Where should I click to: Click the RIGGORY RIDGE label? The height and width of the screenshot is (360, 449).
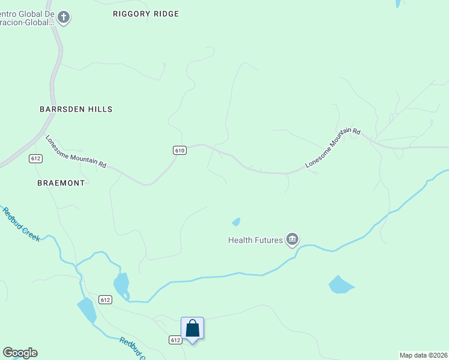click(x=146, y=14)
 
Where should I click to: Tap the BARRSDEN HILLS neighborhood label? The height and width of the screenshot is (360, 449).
click(x=76, y=109)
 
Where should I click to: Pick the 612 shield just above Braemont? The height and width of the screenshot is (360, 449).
click(x=35, y=158)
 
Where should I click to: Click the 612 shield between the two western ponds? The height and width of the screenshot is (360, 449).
click(x=105, y=299)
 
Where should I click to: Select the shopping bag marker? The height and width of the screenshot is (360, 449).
click(x=192, y=329)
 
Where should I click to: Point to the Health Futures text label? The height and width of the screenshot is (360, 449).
click(x=255, y=240)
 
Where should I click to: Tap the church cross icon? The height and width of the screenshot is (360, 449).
click(x=64, y=17)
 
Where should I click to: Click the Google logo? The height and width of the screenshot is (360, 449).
click(x=20, y=353)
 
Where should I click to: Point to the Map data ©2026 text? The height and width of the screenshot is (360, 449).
click(x=424, y=355)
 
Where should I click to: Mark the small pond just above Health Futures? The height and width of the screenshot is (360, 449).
click(x=237, y=222)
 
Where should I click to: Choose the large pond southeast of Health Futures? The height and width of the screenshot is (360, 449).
click(x=340, y=284)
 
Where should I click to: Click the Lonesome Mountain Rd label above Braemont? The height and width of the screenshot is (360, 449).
click(x=76, y=151)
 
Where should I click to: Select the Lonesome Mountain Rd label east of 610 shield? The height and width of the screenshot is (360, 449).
click(x=333, y=148)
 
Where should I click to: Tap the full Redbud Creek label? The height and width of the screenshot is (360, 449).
click(x=21, y=224)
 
